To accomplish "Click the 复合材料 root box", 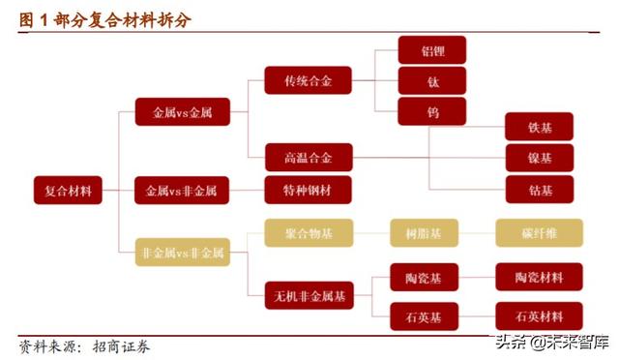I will (68, 190).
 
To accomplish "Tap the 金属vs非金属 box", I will (180, 191).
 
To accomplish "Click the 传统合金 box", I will (309, 81).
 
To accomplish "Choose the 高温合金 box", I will (309, 157).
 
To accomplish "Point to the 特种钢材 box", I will (309, 191).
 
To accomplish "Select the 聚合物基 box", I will (309, 232).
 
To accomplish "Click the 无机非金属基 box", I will (309, 294).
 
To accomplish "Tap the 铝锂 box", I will (432, 50).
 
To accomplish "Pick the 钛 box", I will (432, 81).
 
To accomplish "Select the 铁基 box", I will (539, 127).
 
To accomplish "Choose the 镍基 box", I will (539, 158).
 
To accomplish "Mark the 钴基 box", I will (539, 189).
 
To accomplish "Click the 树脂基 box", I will (431, 232).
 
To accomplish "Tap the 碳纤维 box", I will (539, 232).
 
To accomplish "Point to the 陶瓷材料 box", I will (539, 278).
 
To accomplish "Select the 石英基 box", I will (431, 315).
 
